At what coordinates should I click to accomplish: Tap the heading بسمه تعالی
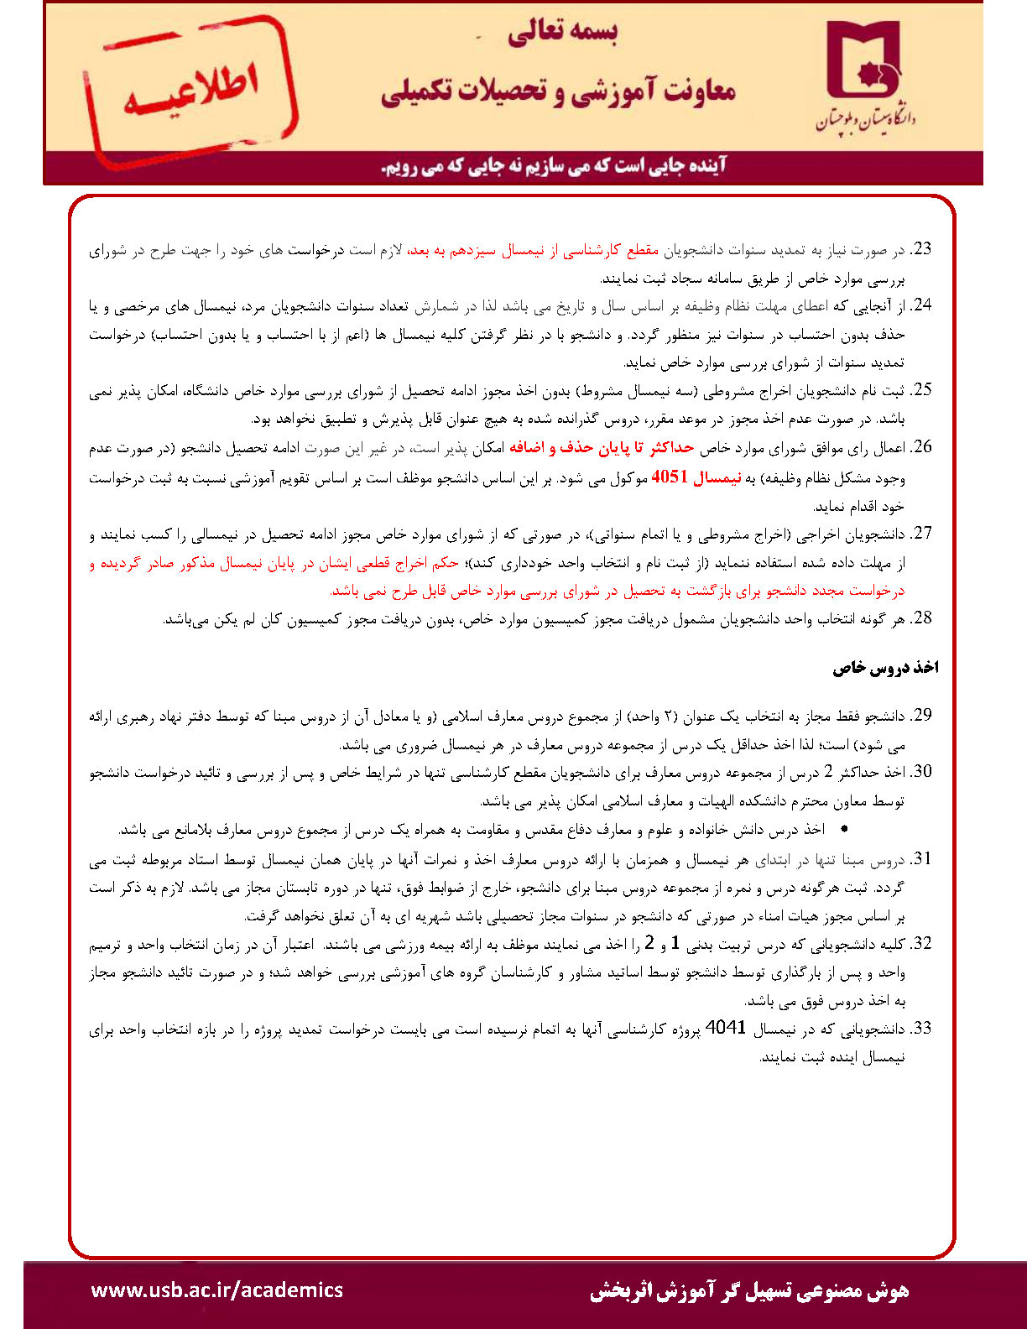pos(561,33)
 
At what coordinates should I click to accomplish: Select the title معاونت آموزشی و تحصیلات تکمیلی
pos(558,91)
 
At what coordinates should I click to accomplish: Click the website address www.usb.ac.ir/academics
pos(216,1290)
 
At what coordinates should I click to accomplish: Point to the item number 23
pos(922,249)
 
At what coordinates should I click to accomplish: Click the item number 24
pos(922,305)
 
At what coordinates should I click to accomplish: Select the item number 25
pos(922,389)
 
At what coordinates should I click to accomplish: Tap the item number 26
pos(922,446)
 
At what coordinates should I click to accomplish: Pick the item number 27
pos(922,533)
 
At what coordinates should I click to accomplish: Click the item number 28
pos(922,618)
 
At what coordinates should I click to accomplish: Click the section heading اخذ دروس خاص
pos(885,667)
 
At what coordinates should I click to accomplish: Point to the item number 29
pos(922,716)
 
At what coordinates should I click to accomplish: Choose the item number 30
pos(922,772)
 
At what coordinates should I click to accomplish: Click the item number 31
pos(922,859)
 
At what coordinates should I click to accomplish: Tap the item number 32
pos(922,944)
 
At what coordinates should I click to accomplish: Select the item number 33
pos(922,1029)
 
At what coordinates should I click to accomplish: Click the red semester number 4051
pos(670,477)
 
